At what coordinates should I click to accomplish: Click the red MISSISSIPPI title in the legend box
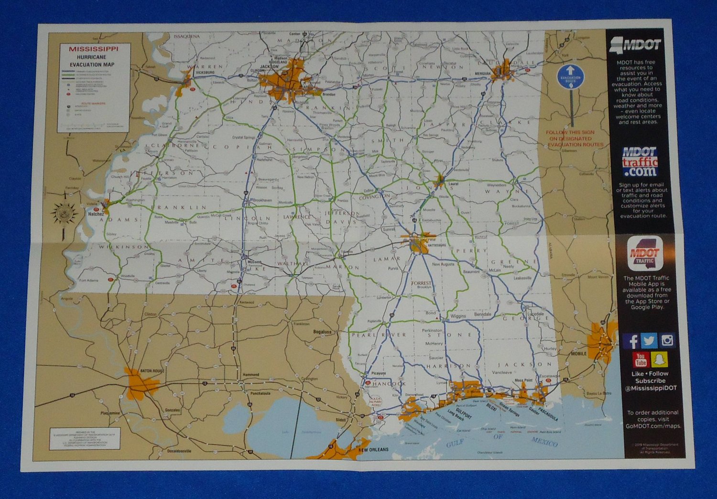[93, 49]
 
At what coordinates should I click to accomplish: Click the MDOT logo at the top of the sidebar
[636, 45]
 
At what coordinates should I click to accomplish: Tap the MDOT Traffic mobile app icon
[644, 254]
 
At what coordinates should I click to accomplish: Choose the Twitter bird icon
[649, 341]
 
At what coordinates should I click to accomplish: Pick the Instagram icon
[667, 340]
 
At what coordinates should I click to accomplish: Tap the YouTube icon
[641, 358]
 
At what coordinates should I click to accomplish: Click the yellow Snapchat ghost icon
[660, 358]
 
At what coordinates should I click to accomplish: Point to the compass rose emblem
[64, 213]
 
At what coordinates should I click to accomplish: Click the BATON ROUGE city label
[152, 371]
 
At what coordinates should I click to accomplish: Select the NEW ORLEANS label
[374, 450]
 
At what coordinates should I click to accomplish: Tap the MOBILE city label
[578, 354]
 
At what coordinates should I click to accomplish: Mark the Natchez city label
[96, 214]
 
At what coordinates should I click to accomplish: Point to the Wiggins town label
[458, 316]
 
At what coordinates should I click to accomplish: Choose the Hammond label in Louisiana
[250, 375]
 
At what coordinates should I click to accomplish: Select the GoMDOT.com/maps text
[653, 426]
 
